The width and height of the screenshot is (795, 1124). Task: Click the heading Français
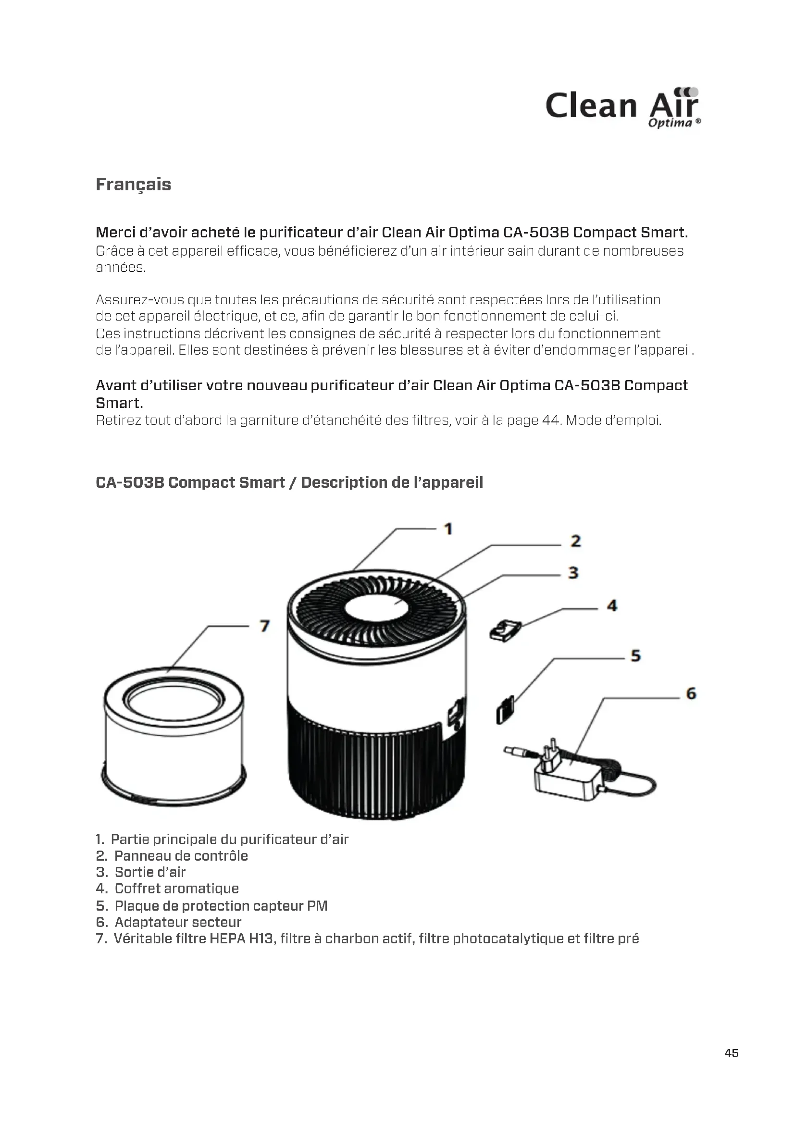coord(133,185)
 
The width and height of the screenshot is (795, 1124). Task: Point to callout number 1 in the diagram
coord(447,529)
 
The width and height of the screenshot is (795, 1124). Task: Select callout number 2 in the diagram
coord(576,541)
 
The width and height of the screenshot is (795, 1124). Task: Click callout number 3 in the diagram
coord(573,572)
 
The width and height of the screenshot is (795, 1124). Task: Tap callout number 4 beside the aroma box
coord(612,606)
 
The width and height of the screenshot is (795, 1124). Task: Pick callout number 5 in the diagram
coord(635,655)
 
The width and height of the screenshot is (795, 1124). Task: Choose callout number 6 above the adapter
coord(691,694)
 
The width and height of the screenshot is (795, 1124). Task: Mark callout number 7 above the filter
coord(264,626)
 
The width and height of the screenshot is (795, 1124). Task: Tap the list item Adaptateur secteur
coord(178,922)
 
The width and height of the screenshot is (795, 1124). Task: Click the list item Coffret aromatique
coord(176,889)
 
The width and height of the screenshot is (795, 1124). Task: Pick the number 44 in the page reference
coord(551,420)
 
